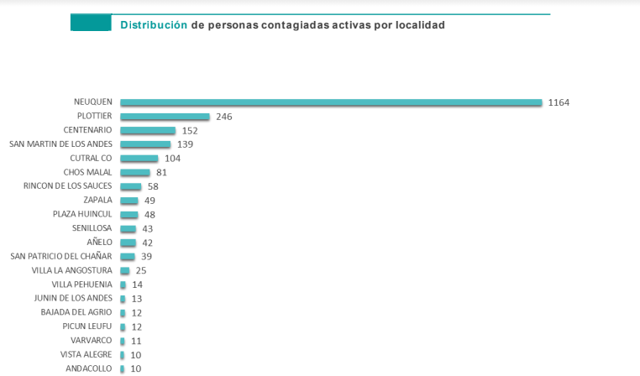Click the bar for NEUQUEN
(331, 102)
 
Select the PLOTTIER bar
(165, 117)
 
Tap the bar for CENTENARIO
(148, 130)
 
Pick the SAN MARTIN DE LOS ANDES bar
(145, 144)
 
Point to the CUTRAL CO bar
(139, 158)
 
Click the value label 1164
(559, 102)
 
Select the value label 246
(223, 117)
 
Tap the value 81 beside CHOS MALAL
(162, 172)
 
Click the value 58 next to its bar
(152, 186)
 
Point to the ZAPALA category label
(97, 200)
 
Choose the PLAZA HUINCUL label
(82, 214)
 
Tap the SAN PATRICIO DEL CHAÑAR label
(60, 256)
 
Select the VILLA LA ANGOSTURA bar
(125, 270)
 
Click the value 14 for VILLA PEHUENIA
(137, 285)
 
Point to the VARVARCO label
(91, 340)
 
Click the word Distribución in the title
(154, 25)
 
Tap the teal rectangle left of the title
(91, 23)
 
